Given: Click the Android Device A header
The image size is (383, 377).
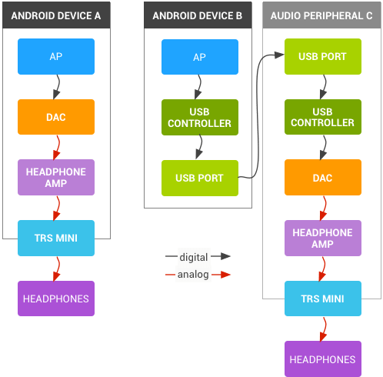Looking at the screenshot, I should (x=55, y=15).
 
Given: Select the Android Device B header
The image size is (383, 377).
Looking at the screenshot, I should (x=198, y=15).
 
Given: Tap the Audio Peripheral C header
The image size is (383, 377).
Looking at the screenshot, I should (x=322, y=15).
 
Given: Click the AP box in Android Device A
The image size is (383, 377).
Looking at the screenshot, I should (x=55, y=57).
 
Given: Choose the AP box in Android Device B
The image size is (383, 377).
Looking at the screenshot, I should (x=199, y=57).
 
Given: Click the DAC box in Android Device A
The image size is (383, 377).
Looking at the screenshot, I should (x=55, y=117).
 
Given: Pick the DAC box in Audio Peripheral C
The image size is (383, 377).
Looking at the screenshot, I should (x=322, y=178).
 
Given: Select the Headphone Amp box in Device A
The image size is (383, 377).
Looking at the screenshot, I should (x=55, y=178).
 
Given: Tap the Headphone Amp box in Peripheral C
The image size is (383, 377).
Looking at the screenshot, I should (x=322, y=238).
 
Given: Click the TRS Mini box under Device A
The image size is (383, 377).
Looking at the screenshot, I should (x=55, y=238).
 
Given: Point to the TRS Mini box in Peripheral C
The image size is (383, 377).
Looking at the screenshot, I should (x=322, y=299).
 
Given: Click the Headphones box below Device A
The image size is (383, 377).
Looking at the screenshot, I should (x=55, y=299).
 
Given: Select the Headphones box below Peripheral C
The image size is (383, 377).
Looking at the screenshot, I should (x=322, y=359).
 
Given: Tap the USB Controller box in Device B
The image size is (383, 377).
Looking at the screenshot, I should (x=199, y=117).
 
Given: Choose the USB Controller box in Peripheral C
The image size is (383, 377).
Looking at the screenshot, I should (x=322, y=117).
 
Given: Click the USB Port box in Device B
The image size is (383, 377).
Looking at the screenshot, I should (x=199, y=178).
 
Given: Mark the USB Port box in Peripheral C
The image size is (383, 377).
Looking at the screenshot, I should (x=322, y=57).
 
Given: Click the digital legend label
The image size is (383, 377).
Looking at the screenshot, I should (x=193, y=256).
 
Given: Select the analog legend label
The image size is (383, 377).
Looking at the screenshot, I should (x=193, y=274).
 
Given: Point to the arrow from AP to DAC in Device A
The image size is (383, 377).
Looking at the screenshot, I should (x=55, y=87).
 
